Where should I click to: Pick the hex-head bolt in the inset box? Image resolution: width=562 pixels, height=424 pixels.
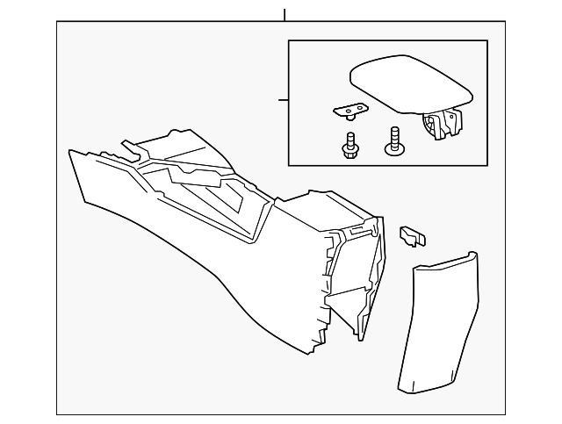click(350, 146)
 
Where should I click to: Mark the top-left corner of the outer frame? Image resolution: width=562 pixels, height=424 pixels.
click(57, 23)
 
